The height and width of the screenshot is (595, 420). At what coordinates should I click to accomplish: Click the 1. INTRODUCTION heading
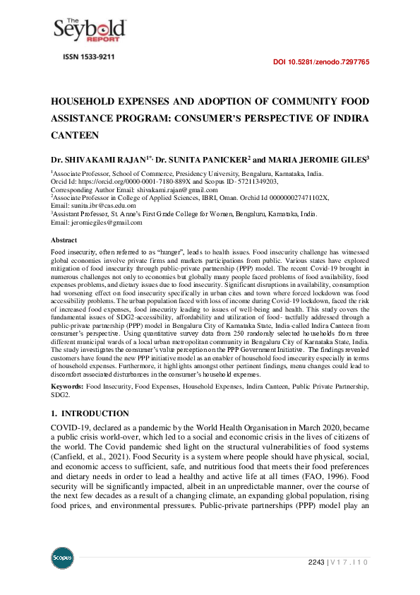click(90, 413)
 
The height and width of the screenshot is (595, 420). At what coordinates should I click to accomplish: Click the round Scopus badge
click(63, 558)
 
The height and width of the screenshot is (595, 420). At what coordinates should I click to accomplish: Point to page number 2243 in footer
click(316, 562)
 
